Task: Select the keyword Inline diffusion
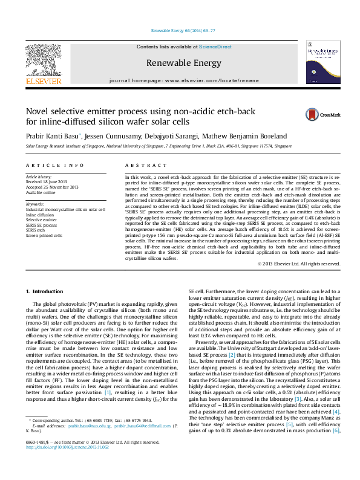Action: (x=39, y=214)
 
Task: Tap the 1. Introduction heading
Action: (x=46, y=292)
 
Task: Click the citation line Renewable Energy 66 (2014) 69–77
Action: (x=180, y=28)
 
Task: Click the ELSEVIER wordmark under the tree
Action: (x=44, y=80)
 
